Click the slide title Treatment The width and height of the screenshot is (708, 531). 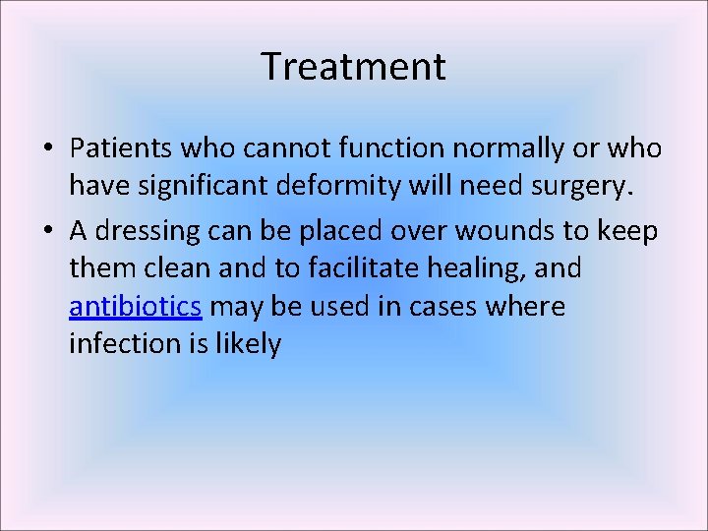[x=353, y=67]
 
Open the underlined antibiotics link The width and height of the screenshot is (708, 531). [x=136, y=307]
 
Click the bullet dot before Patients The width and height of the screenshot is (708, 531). [x=47, y=149]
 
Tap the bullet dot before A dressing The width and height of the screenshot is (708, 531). [x=47, y=230]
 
